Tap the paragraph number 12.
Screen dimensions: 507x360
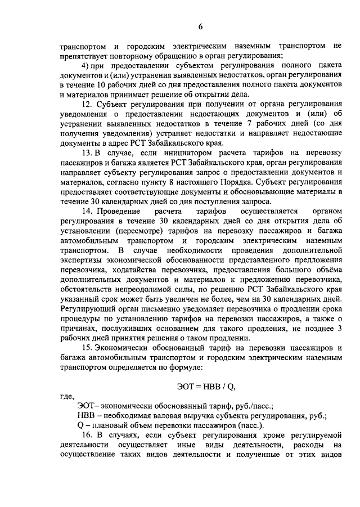pos(86,105)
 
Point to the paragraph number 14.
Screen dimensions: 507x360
pos(86,211)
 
